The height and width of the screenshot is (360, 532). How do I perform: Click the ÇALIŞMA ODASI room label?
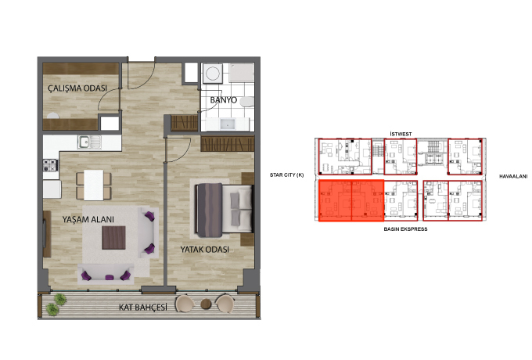77,88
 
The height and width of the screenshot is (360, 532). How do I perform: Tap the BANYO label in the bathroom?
224,100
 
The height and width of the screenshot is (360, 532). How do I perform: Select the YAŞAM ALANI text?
88,220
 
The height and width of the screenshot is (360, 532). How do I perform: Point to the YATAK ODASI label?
205,250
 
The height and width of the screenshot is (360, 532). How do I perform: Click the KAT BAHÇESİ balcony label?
143,308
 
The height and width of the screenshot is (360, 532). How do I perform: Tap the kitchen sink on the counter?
89,142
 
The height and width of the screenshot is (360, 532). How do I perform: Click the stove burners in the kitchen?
50,165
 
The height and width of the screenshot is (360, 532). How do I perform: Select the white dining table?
94,185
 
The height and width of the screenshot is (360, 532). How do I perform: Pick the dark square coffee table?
113,237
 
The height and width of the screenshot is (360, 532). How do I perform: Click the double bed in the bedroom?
224,210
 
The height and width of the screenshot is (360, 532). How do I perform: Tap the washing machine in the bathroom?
213,74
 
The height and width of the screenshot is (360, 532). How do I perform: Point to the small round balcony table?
206,304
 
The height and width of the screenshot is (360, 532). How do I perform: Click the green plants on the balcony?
56,304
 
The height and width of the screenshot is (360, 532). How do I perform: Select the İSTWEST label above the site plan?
401,134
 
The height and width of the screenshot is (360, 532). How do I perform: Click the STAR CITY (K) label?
286,175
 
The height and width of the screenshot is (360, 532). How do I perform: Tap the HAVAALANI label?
513,176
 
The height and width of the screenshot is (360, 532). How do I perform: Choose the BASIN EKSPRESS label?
405,229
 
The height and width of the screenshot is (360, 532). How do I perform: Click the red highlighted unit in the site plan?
351,200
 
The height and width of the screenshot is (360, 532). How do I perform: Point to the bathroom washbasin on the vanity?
227,124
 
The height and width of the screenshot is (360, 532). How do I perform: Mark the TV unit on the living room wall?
47,234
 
